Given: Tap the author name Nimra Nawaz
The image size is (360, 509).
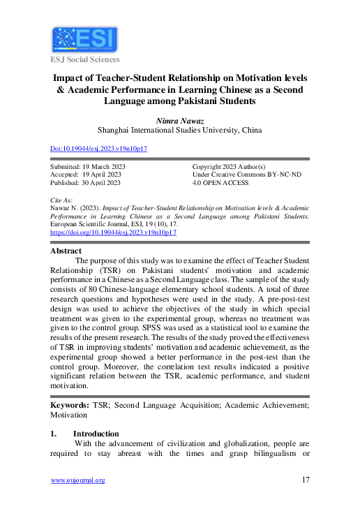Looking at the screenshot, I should click(x=180, y=120).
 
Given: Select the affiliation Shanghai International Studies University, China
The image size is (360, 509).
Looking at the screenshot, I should click(x=180, y=130).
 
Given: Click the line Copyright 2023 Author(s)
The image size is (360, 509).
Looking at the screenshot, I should click(x=229, y=167).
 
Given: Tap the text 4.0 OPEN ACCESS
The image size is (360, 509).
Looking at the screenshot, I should click(x=223, y=182).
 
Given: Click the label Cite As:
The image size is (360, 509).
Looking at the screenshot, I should click(x=61, y=200).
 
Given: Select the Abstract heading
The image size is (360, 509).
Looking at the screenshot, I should click(x=66, y=251).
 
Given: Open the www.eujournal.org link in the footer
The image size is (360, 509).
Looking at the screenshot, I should click(x=77, y=480).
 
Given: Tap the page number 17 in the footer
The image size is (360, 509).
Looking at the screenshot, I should click(x=305, y=480).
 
